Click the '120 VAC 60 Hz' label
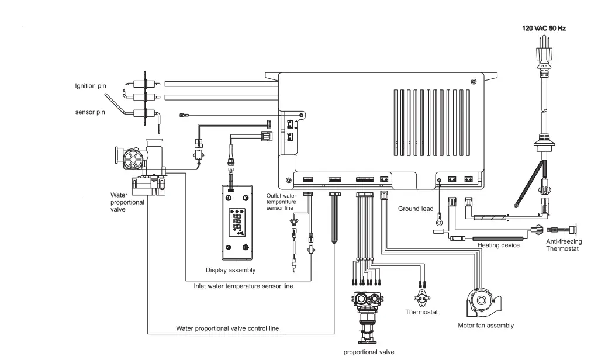click(x=543, y=28)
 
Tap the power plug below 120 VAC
click(x=544, y=58)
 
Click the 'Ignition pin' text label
click(x=90, y=86)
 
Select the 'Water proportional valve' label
click(x=123, y=202)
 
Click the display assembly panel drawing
click(x=237, y=222)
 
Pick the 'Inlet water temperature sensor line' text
click(x=243, y=286)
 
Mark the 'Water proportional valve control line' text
click(x=227, y=328)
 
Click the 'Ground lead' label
click(x=415, y=208)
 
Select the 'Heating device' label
click(x=498, y=245)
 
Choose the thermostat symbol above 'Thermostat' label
click(x=420, y=295)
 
